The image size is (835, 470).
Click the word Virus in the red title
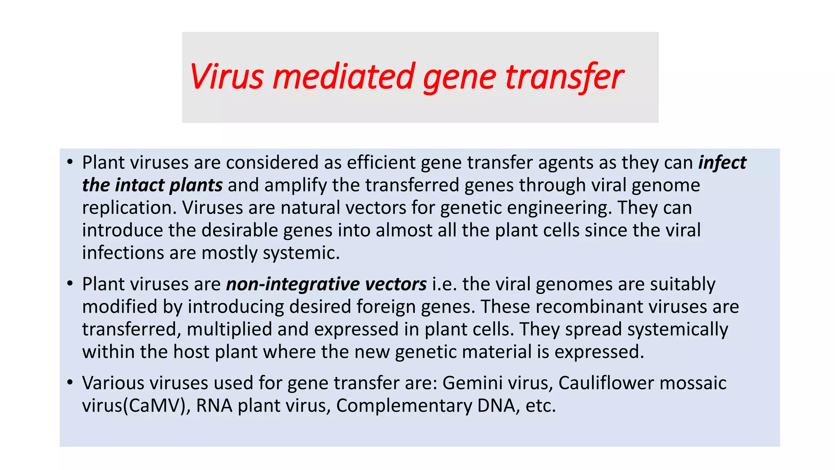coord(227,77)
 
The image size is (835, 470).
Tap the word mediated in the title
coord(344,77)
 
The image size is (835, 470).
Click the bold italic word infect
coord(722,163)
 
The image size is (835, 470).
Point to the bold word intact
coord(139,185)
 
